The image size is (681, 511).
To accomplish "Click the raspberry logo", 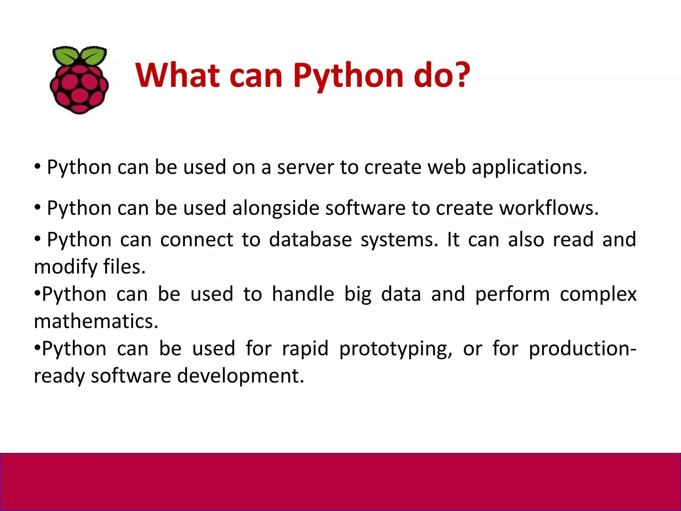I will click(79, 80).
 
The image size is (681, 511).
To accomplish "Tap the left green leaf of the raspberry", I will click(66, 56).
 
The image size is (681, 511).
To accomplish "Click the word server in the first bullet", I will click(305, 167).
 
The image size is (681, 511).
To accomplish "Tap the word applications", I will click(529, 168).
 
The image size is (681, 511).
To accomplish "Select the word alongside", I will click(276, 209).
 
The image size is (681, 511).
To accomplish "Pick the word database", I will click(310, 240).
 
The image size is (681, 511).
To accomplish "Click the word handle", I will click(303, 294).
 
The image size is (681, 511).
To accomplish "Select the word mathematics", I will click(96, 321).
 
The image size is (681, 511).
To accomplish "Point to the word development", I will click(240, 376).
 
